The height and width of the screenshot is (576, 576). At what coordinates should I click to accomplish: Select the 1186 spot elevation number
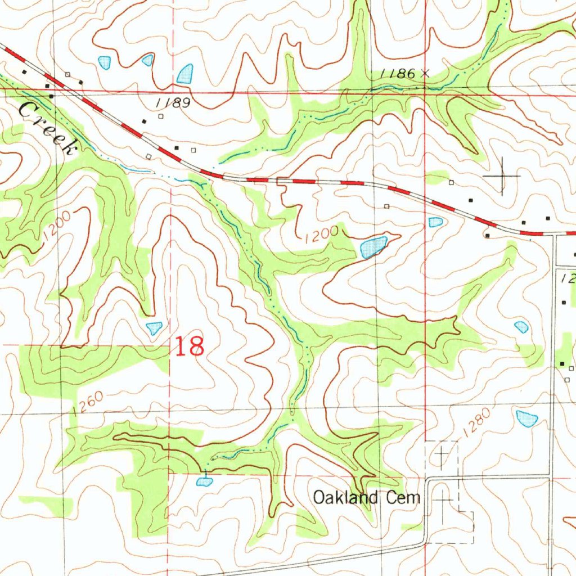[x=398, y=73]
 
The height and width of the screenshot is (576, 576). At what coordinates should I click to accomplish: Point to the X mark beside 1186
[x=425, y=73]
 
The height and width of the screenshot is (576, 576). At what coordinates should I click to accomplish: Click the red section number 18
[x=190, y=346]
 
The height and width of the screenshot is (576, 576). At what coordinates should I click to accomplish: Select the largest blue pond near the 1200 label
[x=373, y=246]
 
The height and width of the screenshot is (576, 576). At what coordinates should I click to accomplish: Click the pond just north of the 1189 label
[x=184, y=74]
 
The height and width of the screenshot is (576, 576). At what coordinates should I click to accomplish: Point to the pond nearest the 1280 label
[x=526, y=418]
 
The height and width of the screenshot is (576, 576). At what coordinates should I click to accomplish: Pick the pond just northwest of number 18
[x=154, y=327]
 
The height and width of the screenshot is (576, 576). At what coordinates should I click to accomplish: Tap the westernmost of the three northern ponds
[x=105, y=62]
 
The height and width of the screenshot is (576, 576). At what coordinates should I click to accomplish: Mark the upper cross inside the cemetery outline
[x=442, y=452]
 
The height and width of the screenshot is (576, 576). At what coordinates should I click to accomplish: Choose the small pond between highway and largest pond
[x=435, y=222]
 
